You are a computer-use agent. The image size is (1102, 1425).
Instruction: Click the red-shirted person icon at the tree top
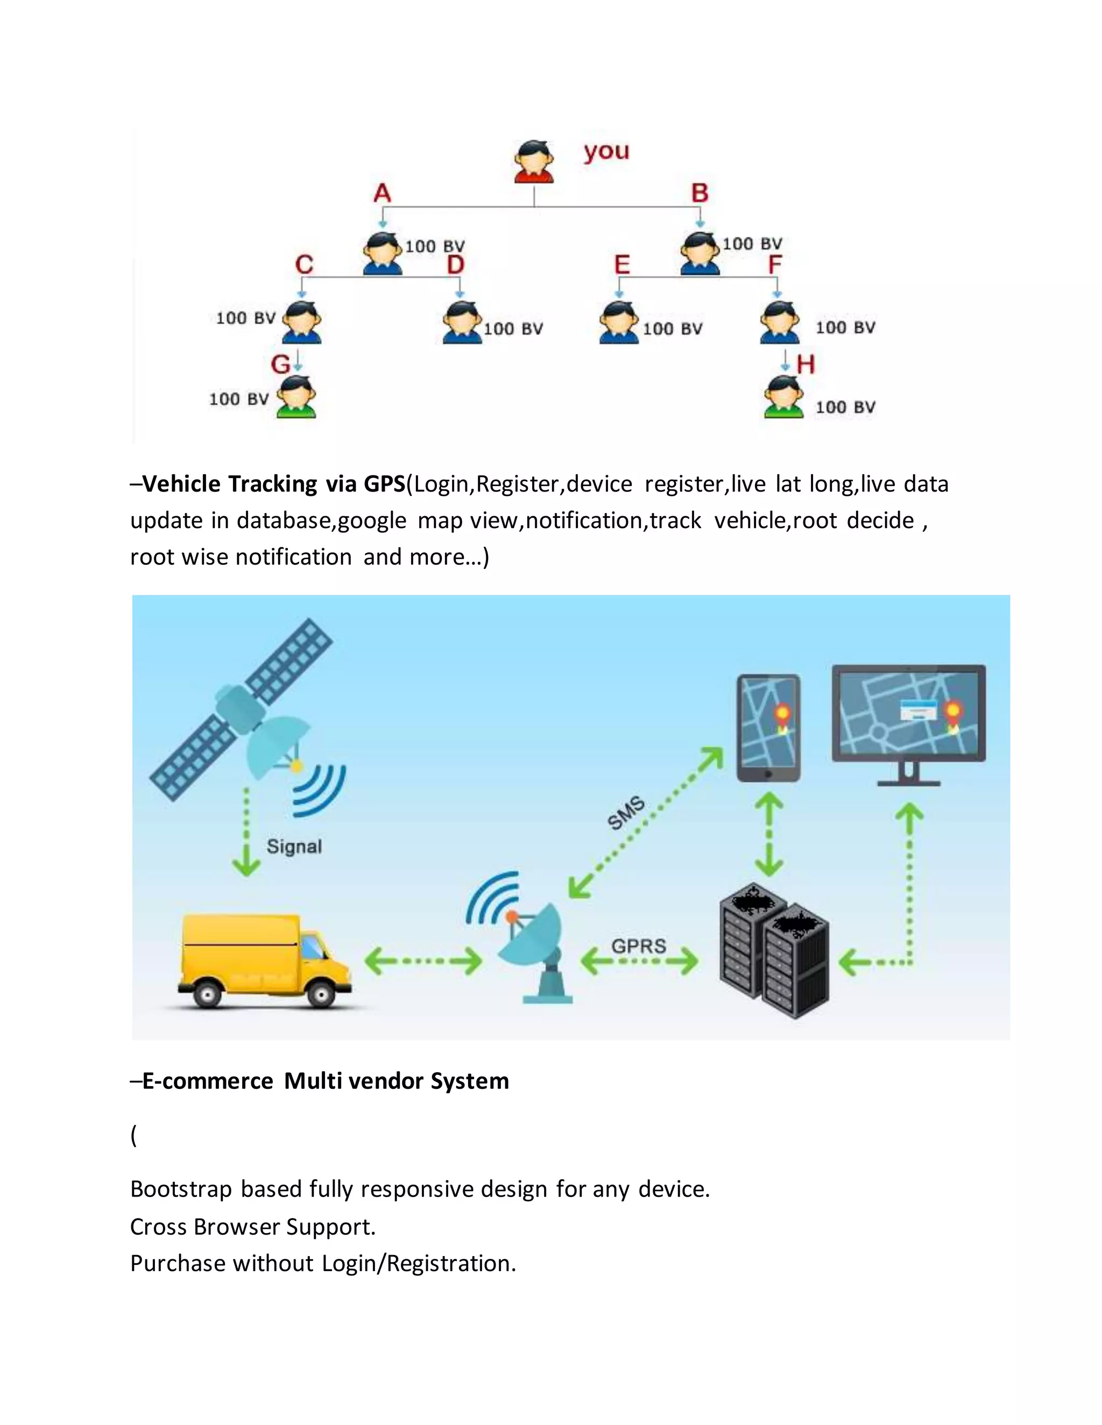point(534,161)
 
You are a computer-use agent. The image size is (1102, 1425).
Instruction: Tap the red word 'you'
point(606,152)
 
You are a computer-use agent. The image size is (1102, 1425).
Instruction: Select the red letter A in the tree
point(382,193)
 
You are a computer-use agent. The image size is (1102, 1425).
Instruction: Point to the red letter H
point(806,364)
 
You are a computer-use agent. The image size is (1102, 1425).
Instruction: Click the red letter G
point(280,364)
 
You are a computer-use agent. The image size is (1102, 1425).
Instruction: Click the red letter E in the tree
point(622,265)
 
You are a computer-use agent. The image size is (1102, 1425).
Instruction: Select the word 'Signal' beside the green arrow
point(294,847)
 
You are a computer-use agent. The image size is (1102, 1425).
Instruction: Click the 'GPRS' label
point(639,945)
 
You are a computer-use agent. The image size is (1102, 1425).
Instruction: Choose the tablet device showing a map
point(768,728)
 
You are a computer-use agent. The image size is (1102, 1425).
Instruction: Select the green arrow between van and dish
point(422,961)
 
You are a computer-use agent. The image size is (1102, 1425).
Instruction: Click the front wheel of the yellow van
point(320,994)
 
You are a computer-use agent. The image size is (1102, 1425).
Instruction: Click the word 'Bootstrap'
point(181,1189)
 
